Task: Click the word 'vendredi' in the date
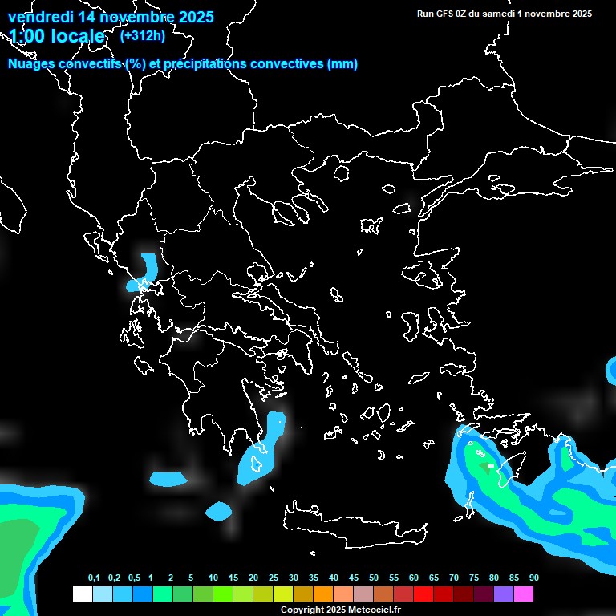pyautogui.click(x=38, y=16)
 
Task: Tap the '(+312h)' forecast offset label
pyautogui.click(x=142, y=35)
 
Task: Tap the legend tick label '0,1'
pyautogui.click(x=94, y=578)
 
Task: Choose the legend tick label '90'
pyautogui.click(x=533, y=578)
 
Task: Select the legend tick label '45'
pyautogui.click(x=354, y=578)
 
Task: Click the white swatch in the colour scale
pyautogui.click(x=82, y=594)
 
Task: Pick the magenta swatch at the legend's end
pyautogui.click(x=523, y=594)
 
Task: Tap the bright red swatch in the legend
pyautogui.click(x=423, y=594)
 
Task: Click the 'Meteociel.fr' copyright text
pyautogui.click(x=374, y=610)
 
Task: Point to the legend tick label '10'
pyautogui.click(x=213, y=578)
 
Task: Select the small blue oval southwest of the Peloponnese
pyautogui.click(x=217, y=510)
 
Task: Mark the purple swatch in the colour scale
pyautogui.click(x=503, y=594)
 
